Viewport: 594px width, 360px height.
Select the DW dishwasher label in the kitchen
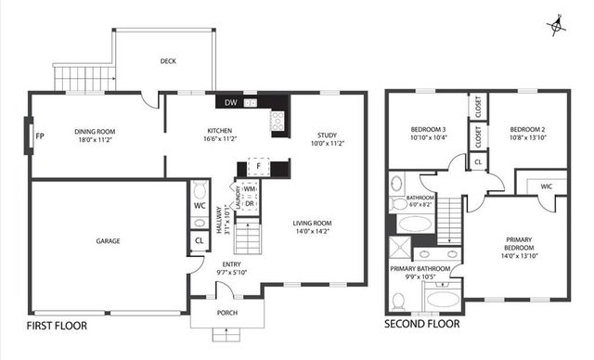coord(229,102)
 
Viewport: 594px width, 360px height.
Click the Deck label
coord(168,62)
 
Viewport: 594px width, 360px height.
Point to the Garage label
coord(108,241)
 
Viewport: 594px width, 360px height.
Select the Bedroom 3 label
coord(429,129)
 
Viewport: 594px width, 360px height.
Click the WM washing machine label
coord(250,188)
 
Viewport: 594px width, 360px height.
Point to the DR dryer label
coord(250,203)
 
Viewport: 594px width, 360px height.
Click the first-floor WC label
coord(200,205)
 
